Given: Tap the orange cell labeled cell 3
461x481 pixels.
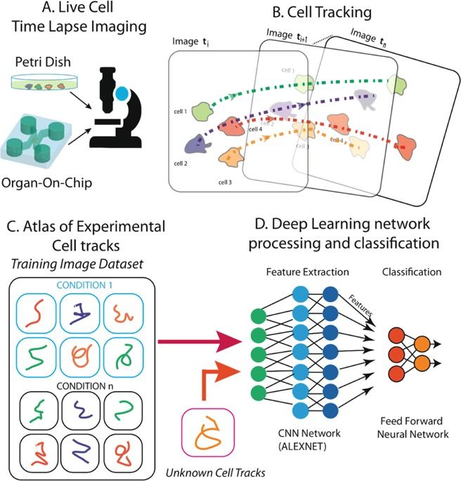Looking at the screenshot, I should click(x=232, y=156).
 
